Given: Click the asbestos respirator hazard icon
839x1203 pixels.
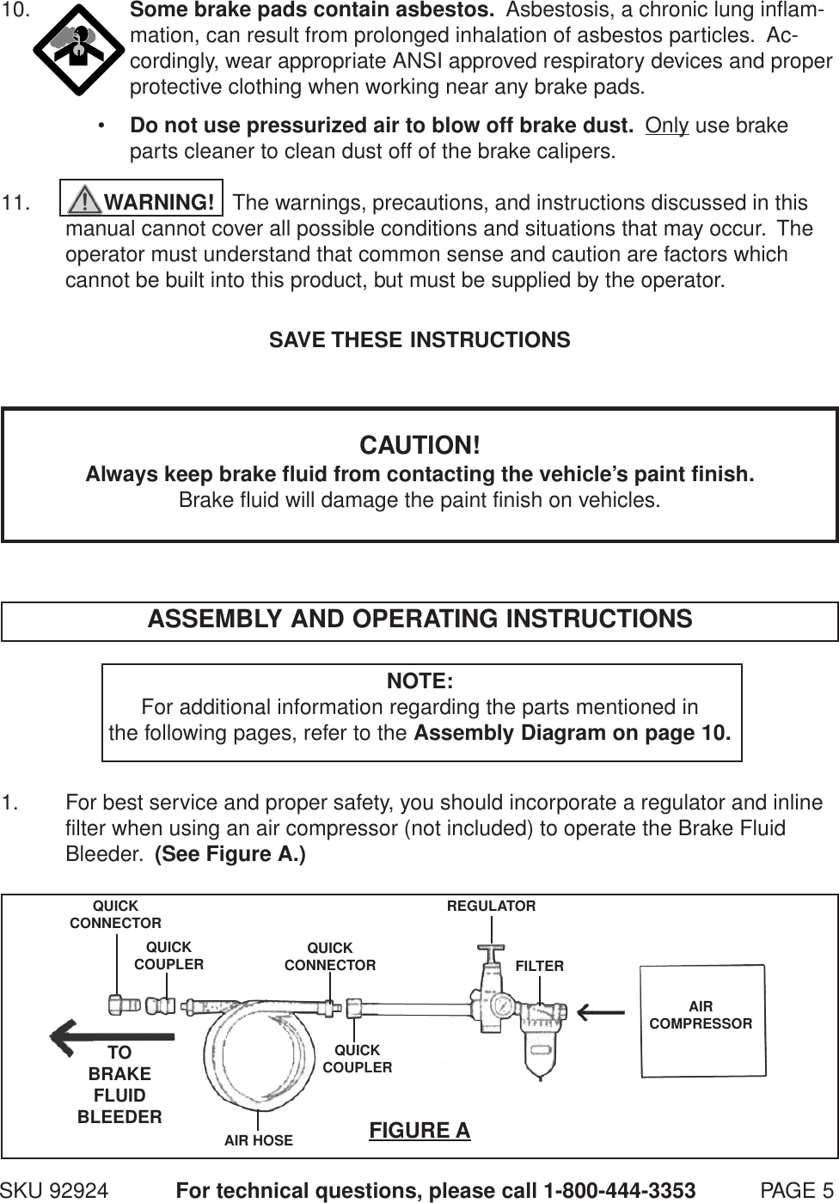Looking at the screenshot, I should tap(77, 52).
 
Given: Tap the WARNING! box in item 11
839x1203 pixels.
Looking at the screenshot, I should tap(142, 202).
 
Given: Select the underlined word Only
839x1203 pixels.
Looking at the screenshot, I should tap(667, 125).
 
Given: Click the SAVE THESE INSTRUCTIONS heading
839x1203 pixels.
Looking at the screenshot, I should tap(419, 340).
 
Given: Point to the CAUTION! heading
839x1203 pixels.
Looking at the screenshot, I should tap(419, 446).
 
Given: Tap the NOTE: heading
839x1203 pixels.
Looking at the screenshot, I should tap(419, 681).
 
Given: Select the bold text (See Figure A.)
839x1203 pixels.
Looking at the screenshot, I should tap(230, 856).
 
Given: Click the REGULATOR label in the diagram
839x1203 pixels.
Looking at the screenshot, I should tap(491, 907).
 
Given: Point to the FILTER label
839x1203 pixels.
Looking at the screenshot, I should tap(540, 967).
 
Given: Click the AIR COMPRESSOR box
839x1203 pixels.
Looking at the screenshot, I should tap(702, 1020).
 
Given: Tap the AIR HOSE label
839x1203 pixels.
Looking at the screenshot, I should tap(259, 1141).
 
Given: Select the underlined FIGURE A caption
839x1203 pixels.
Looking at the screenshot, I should tap(419, 1130).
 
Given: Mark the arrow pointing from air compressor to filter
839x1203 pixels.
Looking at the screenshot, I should tap(602, 1011).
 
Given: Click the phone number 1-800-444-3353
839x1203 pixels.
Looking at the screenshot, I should tap(619, 1191).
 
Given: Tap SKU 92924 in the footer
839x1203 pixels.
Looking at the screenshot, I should tap(54, 1191).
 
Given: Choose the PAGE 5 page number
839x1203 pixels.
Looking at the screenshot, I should tap(798, 1191).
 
